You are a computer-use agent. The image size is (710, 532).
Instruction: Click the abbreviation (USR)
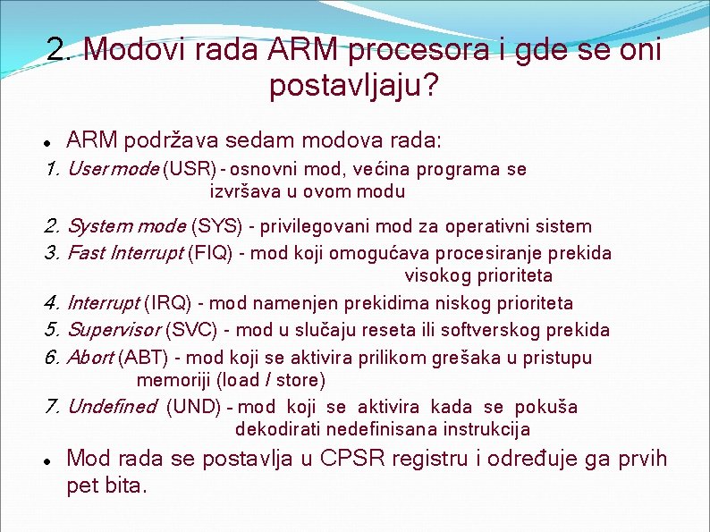pos(190,169)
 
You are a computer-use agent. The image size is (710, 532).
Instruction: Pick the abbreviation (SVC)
pos(192,330)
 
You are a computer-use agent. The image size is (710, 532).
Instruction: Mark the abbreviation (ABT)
pos(143,358)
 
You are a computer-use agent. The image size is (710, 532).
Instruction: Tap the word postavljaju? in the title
pos(354,87)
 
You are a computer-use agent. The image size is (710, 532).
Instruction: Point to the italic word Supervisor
pos(114,330)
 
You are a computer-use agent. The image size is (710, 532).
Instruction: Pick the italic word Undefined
pos(112,407)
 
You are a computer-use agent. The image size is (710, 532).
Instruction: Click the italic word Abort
pos(90,358)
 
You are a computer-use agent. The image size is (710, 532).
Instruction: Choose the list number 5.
pos(51,330)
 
